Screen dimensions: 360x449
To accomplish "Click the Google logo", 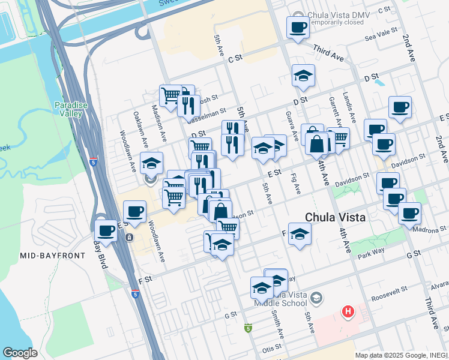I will [20, 353].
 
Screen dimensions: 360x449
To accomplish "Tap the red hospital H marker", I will [348, 311].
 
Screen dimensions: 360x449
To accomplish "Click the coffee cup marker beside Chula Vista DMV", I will [298, 28].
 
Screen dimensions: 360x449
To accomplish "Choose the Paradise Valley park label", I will [71, 109].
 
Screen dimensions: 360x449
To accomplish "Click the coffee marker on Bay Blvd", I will [106, 231].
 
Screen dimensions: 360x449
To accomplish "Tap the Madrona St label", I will [434, 230].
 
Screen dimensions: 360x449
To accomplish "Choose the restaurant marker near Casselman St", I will [188, 106].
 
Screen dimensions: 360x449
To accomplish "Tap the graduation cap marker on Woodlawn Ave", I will [152, 163].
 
